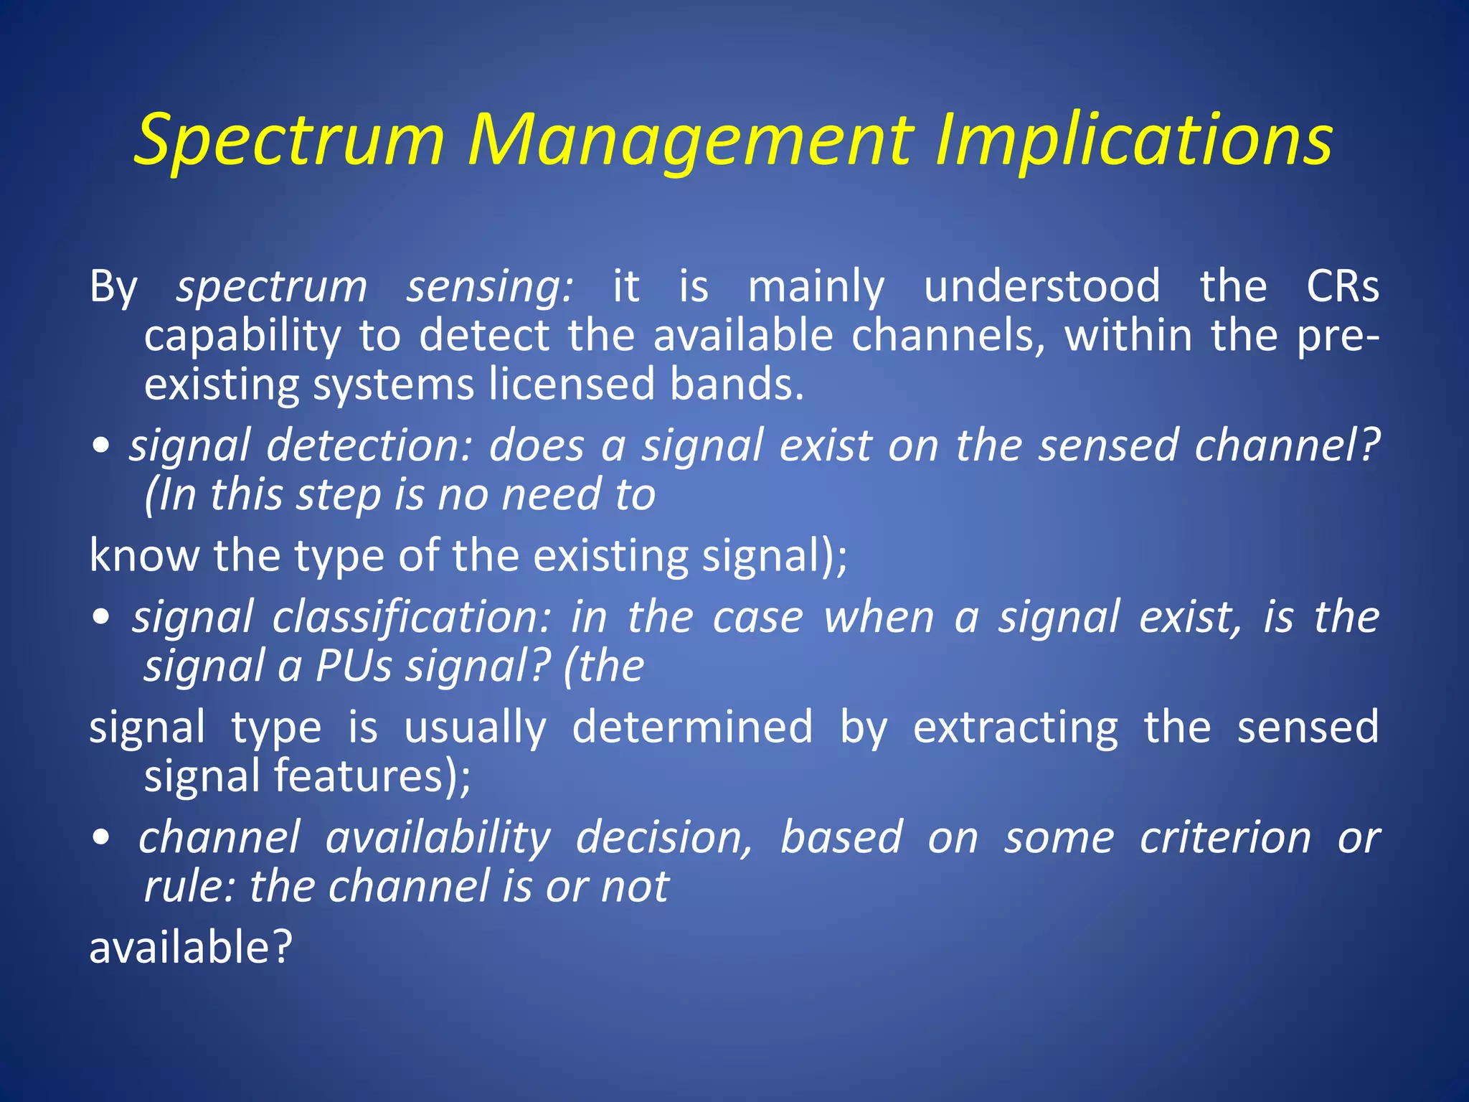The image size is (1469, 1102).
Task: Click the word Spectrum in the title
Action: tap(289, 140)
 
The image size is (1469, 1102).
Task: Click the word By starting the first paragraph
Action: tap(113, 287)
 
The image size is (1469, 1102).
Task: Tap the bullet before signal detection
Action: tap(102, 446)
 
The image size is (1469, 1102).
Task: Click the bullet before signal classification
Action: tap(102, 618)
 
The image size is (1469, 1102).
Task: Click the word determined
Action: tap(692, 726)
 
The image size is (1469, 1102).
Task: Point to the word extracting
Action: tap(1015, 726)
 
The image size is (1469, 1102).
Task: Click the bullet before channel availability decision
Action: tap(102, 838)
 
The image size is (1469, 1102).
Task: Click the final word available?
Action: tap(191, 947)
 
